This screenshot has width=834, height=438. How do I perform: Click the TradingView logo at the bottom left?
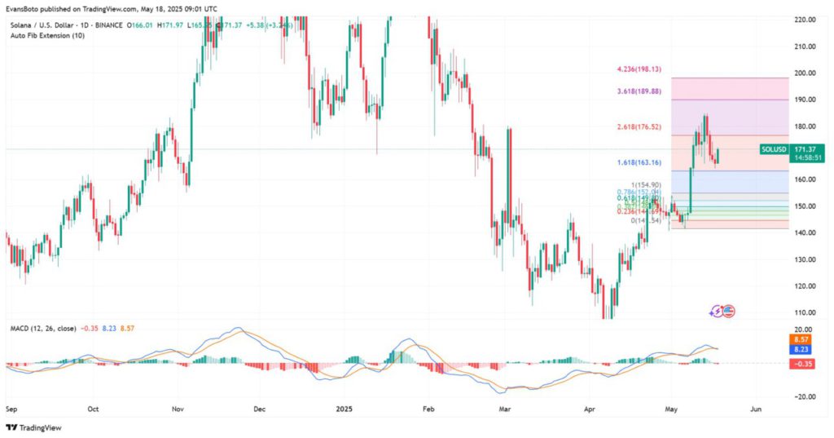tap(33, 427)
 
